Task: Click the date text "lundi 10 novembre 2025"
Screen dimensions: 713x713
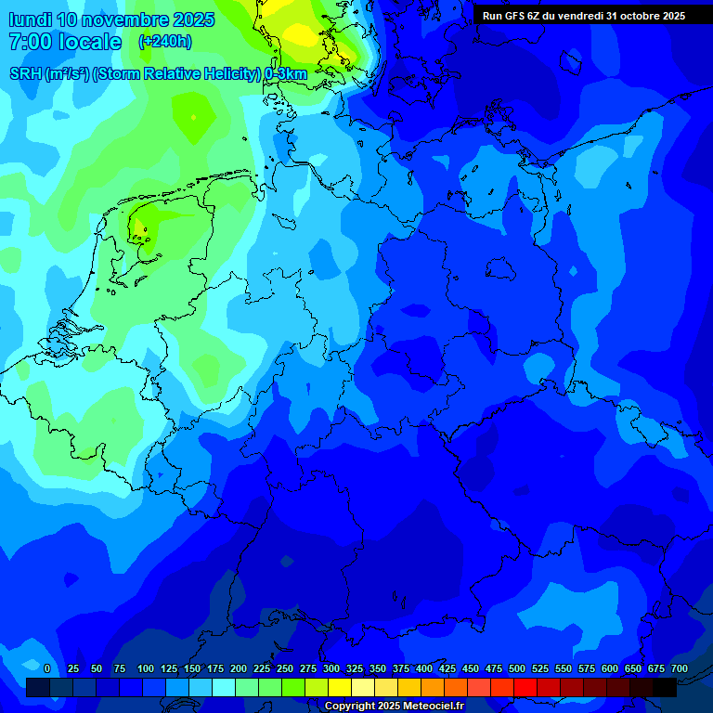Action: [110, 19]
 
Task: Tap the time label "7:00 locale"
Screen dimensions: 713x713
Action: [65, 42]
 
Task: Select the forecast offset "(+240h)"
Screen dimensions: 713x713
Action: [165, 42]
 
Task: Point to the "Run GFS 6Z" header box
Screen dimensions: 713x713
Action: [583, 15]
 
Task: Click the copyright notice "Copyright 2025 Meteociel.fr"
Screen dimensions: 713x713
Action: [395, 707]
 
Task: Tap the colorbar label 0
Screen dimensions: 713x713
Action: [47, 668]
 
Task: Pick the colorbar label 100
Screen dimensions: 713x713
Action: [146, 668]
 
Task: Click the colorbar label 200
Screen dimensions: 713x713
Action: [239, 668]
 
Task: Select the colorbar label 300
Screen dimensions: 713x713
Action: [331, 668]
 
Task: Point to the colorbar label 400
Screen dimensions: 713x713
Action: [424, 668]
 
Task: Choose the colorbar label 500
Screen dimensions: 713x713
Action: [517, 668]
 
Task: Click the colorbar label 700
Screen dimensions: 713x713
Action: [679, 668]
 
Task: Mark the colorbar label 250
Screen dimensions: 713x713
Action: [285, 668]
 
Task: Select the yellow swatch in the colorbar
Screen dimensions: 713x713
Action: [340, 687]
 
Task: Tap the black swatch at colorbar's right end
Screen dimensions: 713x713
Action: [665, 687]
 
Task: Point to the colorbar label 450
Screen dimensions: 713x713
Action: [471, 668]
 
